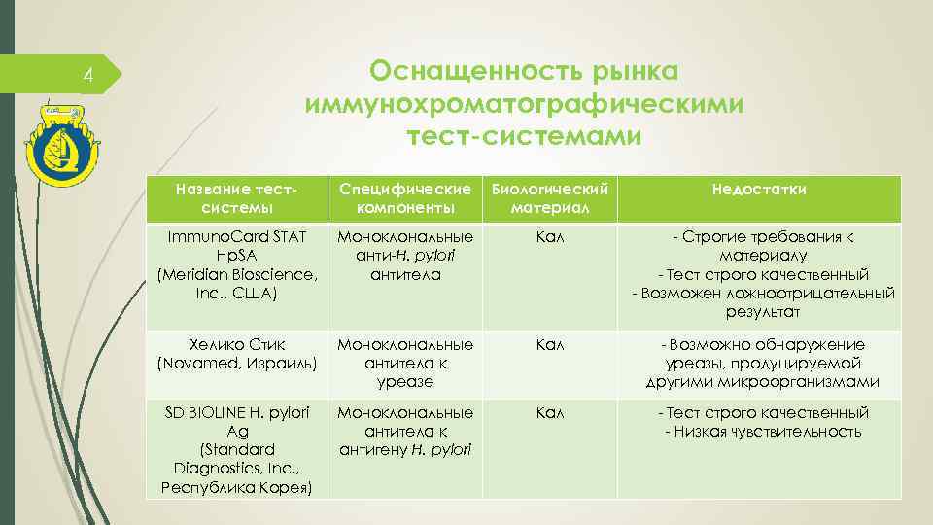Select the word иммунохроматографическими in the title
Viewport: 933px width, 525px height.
525,104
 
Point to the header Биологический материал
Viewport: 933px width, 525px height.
551,197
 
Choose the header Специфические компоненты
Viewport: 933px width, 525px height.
406,197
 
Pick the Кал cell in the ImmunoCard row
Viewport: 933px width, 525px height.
551,236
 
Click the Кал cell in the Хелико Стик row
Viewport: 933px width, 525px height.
551,345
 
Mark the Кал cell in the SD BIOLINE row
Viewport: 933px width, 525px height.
551,413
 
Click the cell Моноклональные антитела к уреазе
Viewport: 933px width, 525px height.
406,363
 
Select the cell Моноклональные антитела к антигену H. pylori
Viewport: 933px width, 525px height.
406,432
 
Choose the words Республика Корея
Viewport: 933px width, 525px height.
237,486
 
